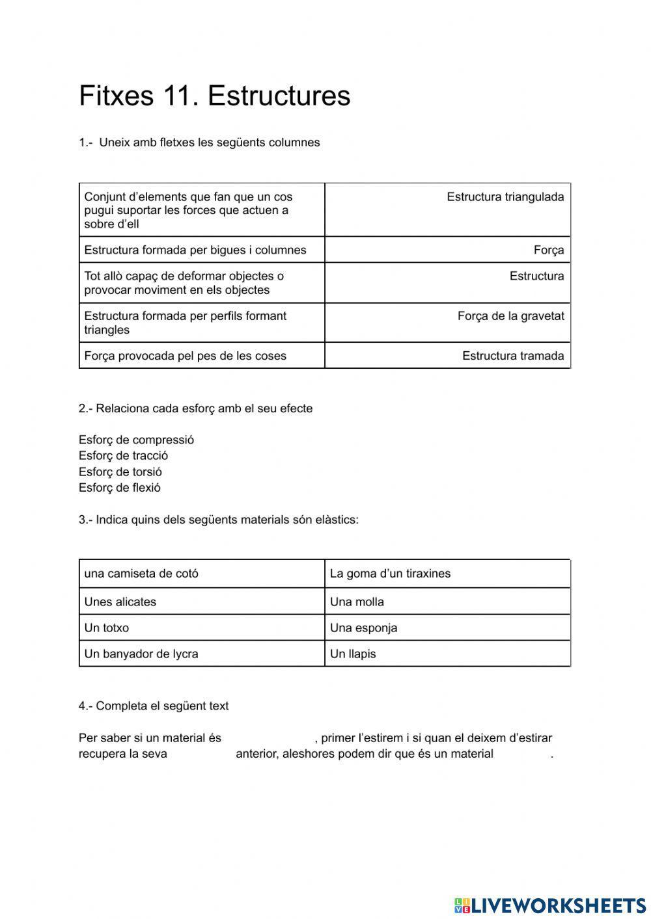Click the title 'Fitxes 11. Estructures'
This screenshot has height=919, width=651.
click(x=214, y=96)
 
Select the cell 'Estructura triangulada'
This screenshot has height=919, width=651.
click(x=505, y=197)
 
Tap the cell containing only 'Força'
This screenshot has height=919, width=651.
click(x=548, y=250)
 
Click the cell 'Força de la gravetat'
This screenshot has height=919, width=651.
click(x=510, y=316)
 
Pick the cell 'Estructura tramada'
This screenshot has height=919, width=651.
click(x=512, y=356)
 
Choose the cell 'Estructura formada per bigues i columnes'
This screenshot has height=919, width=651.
click(x=195, y=250)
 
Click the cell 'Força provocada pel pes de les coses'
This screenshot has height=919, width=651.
click(x=185, y=356)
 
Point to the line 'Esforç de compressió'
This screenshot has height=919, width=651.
click(x=136, y=440)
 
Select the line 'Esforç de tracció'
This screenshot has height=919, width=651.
click(x=123, y=455)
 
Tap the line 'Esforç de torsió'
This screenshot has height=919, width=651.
click(x=120, y=472)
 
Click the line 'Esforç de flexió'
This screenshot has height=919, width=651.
click(x=119, y=487)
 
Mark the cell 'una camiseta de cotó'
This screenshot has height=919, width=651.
click(x=141, y=574)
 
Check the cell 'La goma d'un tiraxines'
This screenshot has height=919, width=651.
click(x=390, y=574)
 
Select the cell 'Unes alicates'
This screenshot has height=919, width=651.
click(x=120, y=602)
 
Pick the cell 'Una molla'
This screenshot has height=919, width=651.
click(x=357, y=602)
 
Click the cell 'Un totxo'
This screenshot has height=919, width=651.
click(x=106, y=628)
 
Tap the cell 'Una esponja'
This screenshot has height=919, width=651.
click(x=363, y=628)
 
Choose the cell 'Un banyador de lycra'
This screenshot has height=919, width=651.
click(x=141, y=654)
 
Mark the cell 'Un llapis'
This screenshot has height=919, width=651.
click(x=353, y=654)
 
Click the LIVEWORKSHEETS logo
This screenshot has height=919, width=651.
click(x=550, y=905)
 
